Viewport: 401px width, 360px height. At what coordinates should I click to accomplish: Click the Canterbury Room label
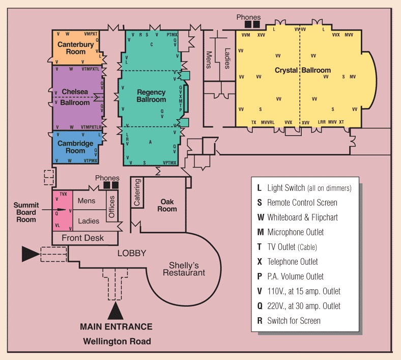pyautogui.click(x=75, y=48)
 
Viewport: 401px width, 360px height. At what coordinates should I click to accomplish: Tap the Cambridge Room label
pyautogui.click(x=75, y=147)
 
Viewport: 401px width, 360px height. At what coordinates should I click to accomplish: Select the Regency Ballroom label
pyautogui.click(x=151, y=96)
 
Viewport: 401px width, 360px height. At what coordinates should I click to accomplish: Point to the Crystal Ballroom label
pyautogui.click(x=303, y=70)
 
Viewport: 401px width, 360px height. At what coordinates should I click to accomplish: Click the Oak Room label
pyautogui.click(x=167, y=205)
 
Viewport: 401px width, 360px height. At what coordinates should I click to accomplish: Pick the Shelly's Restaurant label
pyautogui.click(x=184, y=269)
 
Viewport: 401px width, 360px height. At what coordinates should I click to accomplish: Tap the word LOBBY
pyautogui.click(x=132, y=253)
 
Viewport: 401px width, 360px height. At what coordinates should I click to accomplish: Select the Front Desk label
pyautogui.click(x=82, y=238)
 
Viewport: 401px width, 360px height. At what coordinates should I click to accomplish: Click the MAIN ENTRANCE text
pyautogui.click(x=116, y=327)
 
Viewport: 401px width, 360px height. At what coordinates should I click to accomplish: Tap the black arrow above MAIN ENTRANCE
pyautogui.click(x=116, y=310)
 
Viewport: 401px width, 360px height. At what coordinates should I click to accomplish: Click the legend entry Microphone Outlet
pyautogui.click(x=291, y=232)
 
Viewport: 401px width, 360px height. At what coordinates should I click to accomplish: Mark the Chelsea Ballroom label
pyautogui.click(x=75, y=97)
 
